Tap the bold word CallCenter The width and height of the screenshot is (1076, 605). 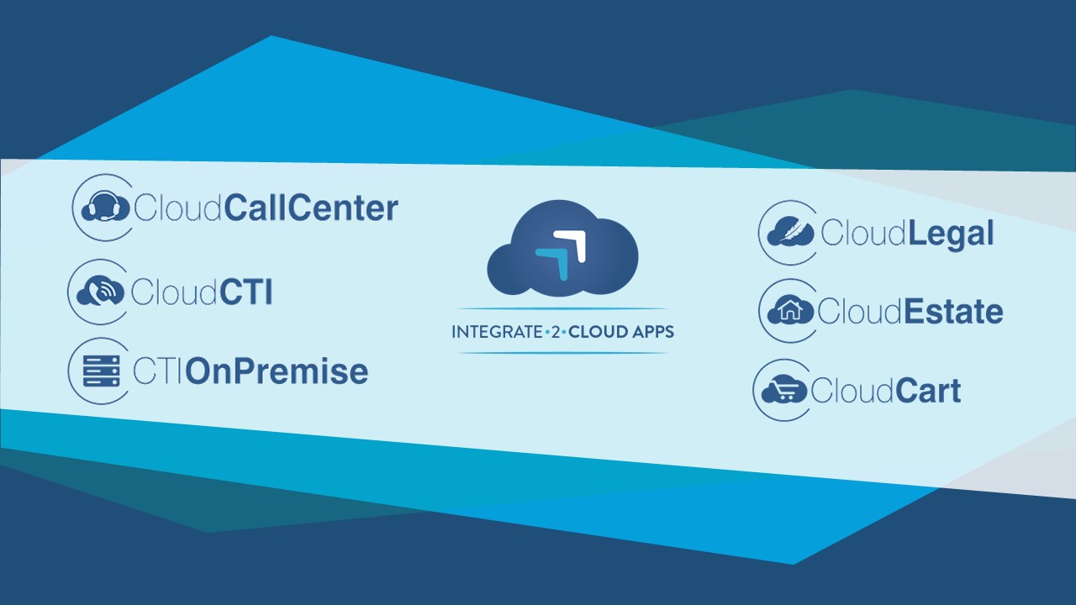coord(311,208)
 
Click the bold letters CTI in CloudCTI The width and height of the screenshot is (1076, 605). coord(246,292)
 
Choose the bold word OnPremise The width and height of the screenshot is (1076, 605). coord(277,371)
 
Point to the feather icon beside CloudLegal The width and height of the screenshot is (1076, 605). coord(790,232)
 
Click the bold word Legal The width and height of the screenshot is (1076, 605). coord(951,234)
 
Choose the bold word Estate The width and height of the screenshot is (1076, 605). coord(954,312)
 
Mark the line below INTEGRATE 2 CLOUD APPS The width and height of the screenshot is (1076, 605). coord(562,353)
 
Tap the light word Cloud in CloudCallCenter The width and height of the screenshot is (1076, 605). coord(177,208)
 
